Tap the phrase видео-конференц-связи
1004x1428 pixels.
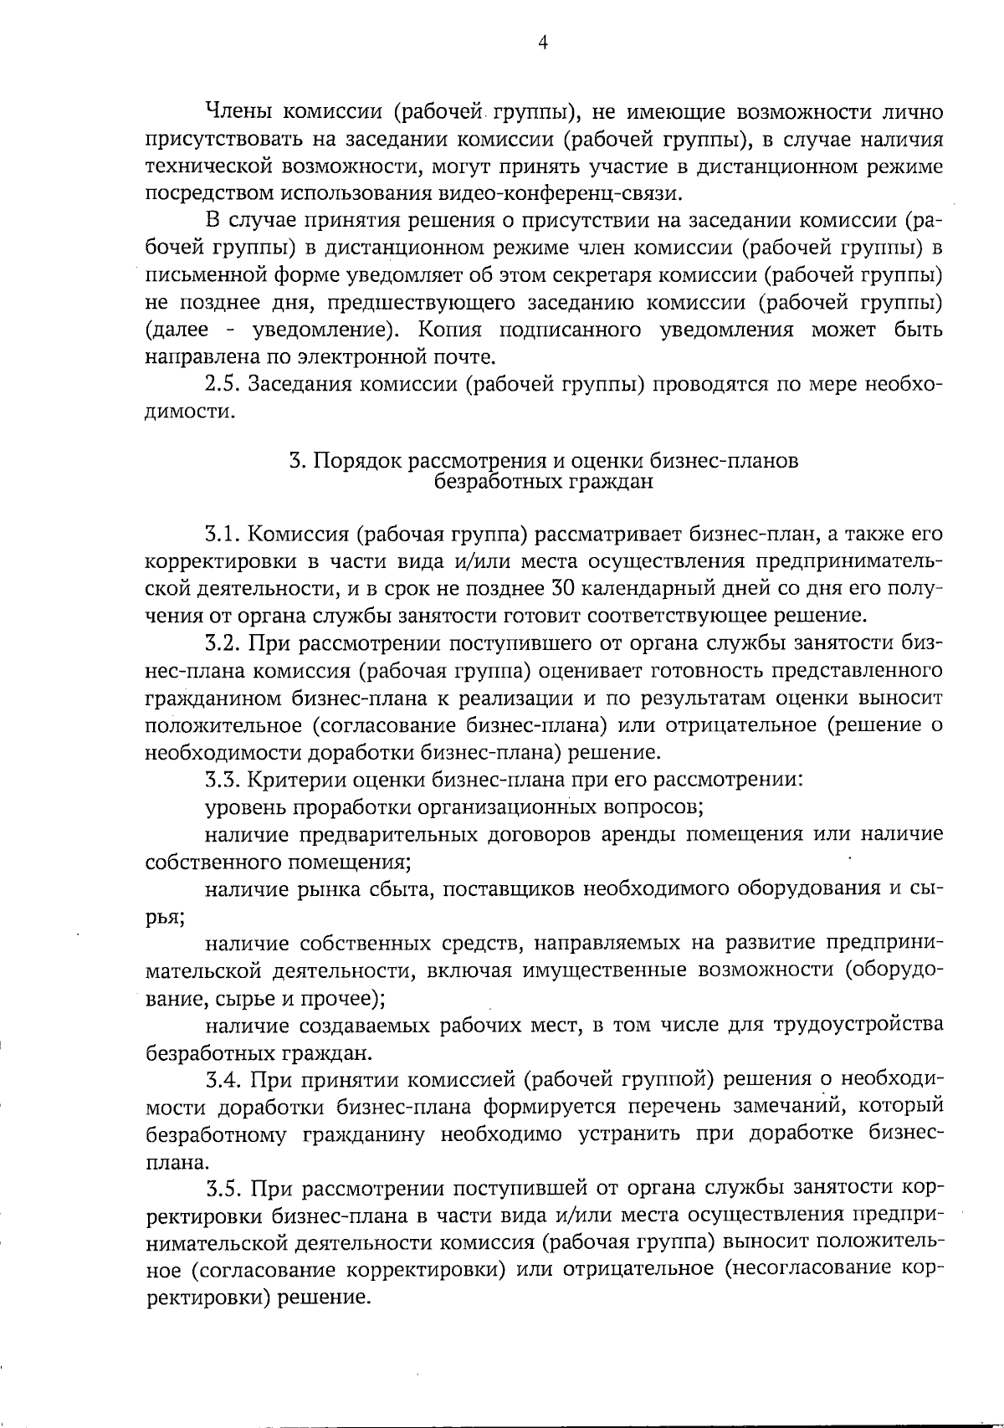[x=560, y=193]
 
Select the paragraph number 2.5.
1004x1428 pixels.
[x=222, y=385]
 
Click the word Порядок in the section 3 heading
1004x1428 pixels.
[x=358, y=461]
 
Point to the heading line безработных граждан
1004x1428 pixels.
[x=544, y=482]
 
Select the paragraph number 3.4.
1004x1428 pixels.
[x=223, y=1079]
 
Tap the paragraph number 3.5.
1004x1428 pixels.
[x=223, y=1188]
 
